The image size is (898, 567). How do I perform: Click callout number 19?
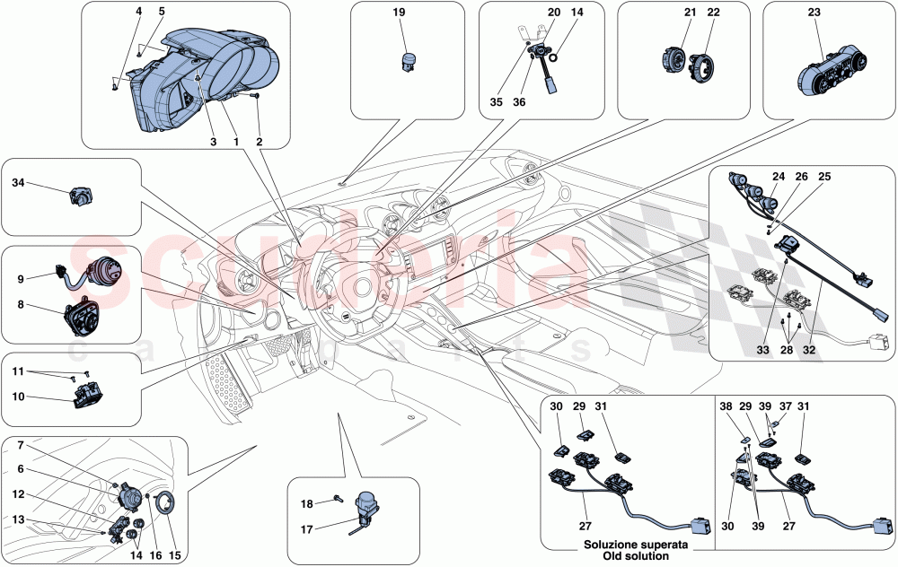[399, 13]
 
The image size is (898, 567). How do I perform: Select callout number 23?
[814, 13]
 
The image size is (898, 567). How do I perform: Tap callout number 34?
[18, 182]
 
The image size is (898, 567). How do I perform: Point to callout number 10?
[18, 396]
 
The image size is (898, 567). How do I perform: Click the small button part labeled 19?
[409, 59]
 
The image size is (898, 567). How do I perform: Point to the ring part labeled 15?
[168, 505]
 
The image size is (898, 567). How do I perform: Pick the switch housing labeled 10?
[87, 392]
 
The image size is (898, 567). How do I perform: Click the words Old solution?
[626, 557]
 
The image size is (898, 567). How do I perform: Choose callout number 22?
[713, 13]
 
